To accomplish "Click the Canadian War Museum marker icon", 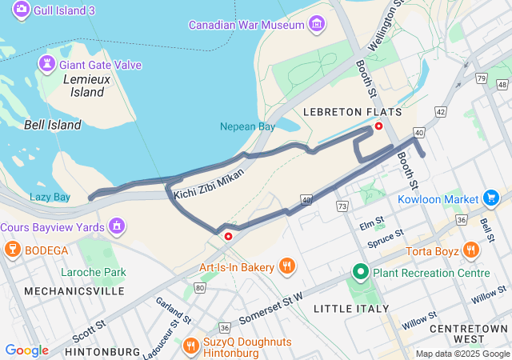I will [x=318, y=25].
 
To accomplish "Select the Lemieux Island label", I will [x=83, y=86].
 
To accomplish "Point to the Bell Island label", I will [x=52, y=125].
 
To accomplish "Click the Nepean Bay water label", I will [x=247, y=126].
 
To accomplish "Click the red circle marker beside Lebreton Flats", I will [x=379, y=126].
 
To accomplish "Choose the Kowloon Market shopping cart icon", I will [x=490, y=197].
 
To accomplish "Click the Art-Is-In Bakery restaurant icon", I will [x=286, y=266].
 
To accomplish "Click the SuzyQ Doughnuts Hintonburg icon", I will [x=190, y=345].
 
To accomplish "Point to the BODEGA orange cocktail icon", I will [x=12, y=250].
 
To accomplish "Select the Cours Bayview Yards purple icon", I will [x=117, y=227].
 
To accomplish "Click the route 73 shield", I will [x=342, y=206].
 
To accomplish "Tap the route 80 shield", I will [x=199, y=287].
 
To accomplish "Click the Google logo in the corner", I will [x=26, y=350].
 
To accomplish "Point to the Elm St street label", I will [x=372, y=224].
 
